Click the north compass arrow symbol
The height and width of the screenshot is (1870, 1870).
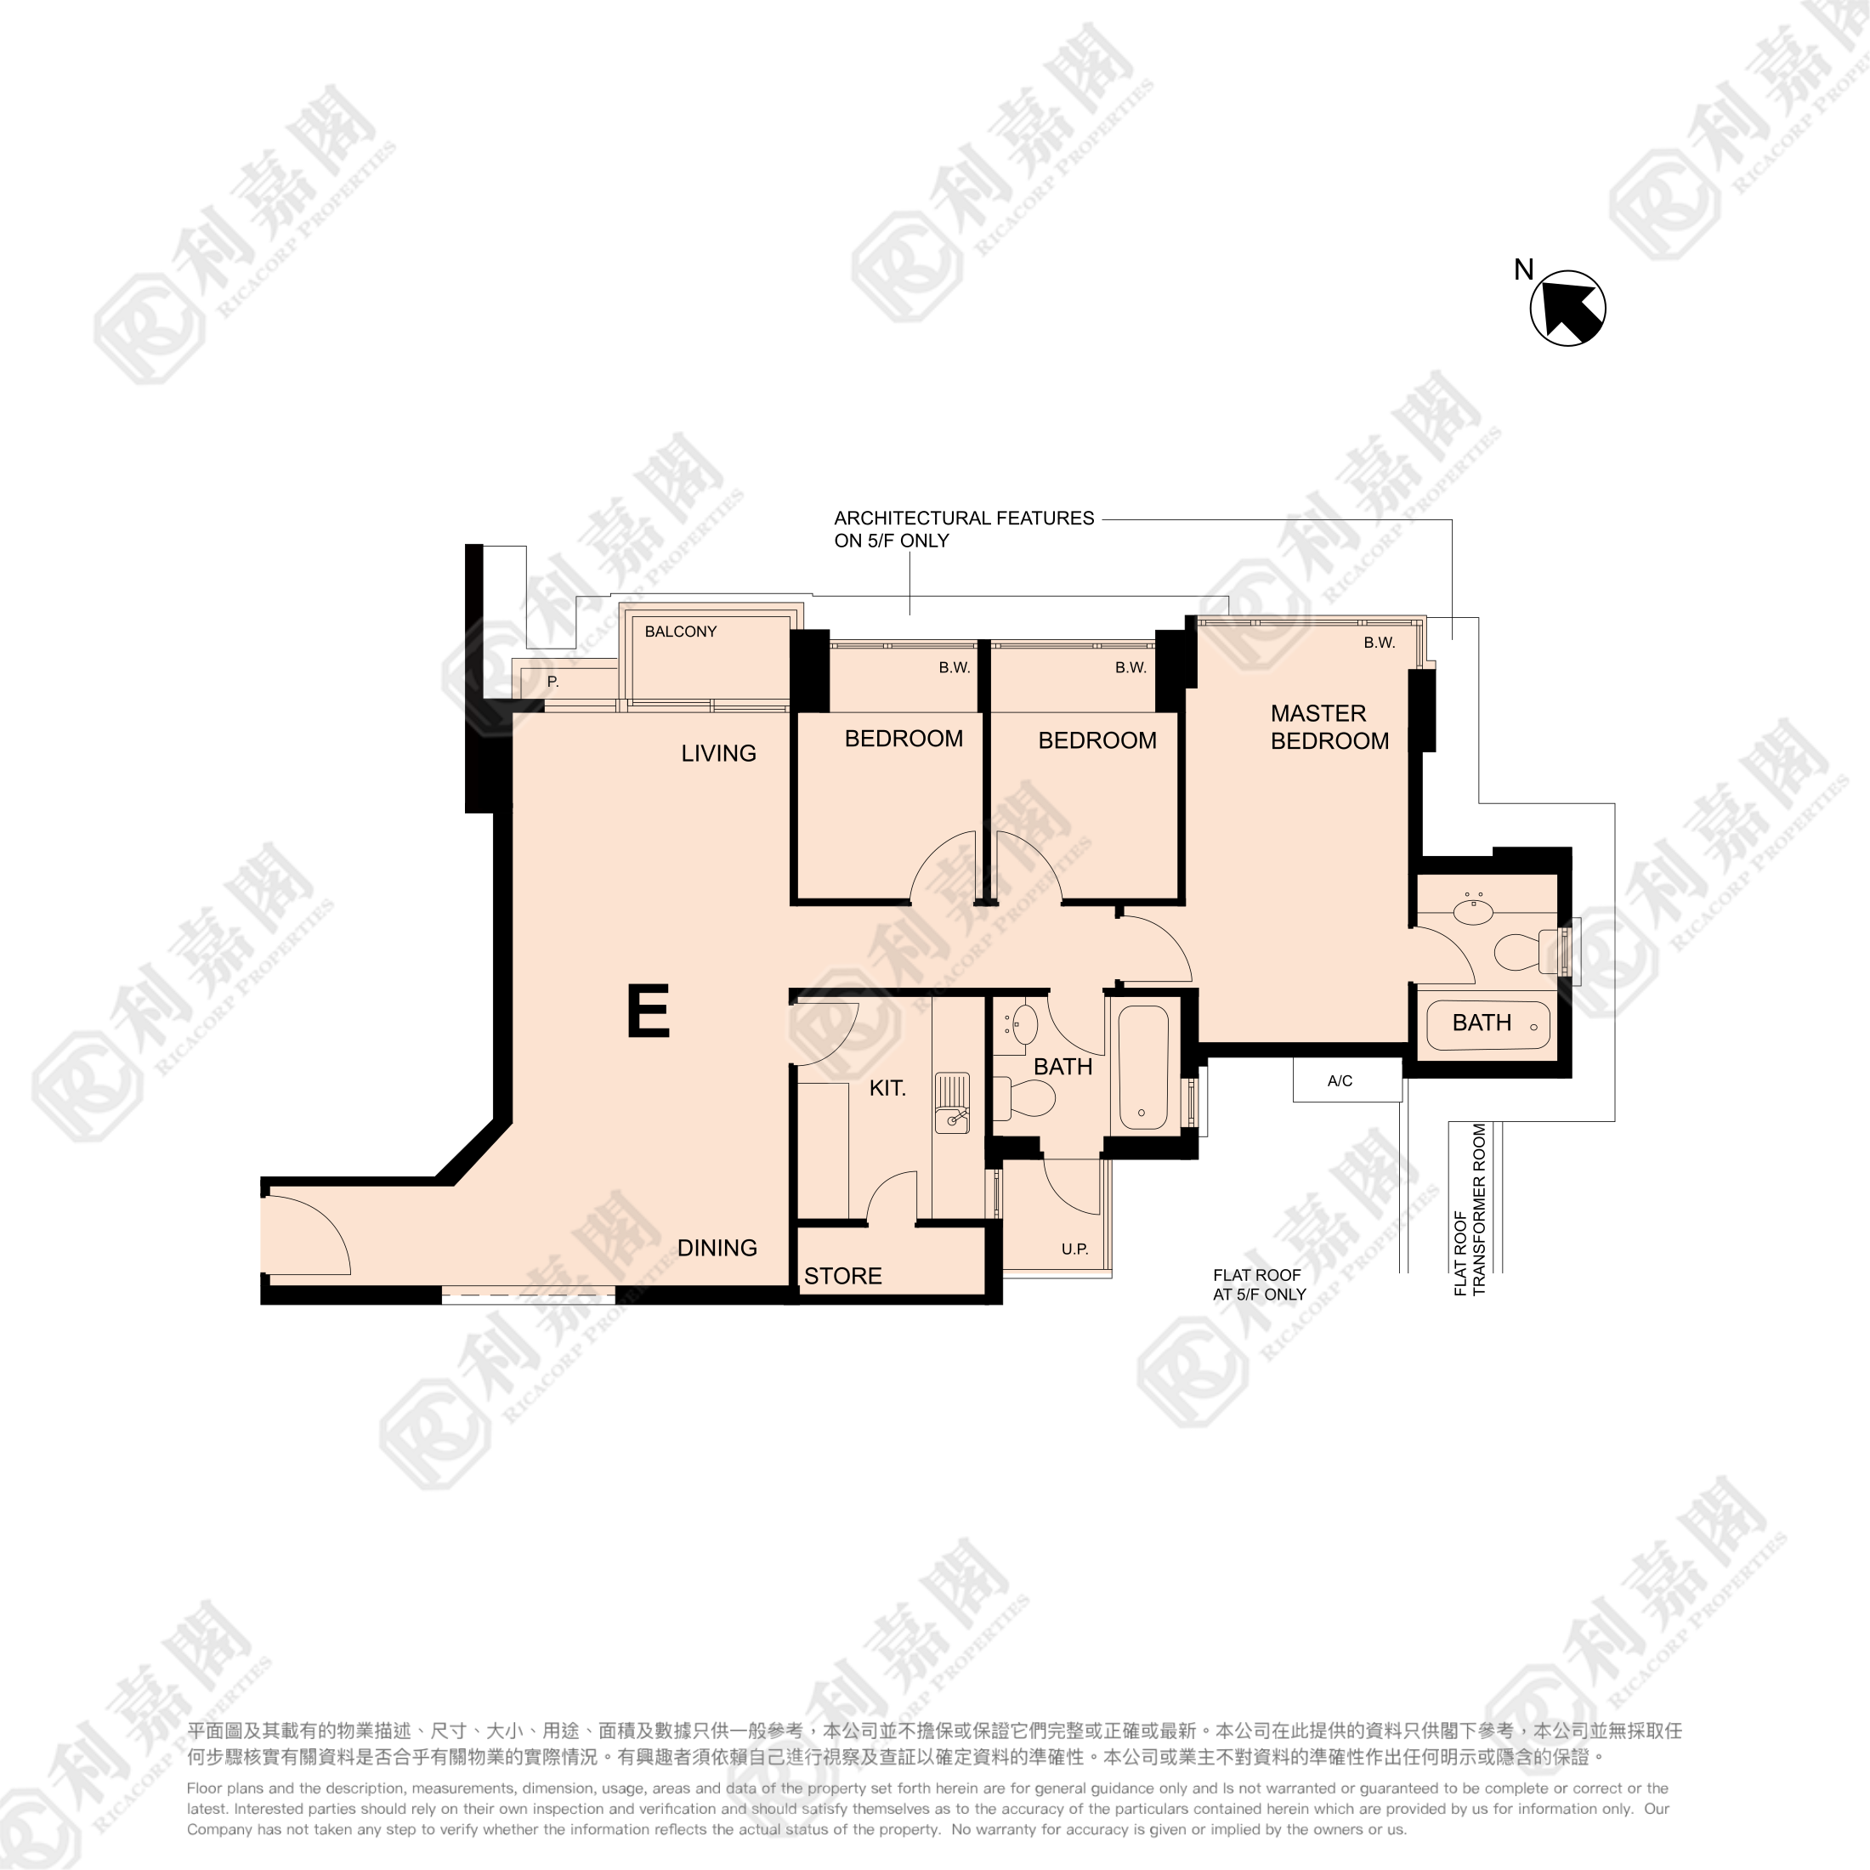pos(1567,308)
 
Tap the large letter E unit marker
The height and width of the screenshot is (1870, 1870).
pos(649,1011)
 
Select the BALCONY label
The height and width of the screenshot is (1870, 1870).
pos(681,631)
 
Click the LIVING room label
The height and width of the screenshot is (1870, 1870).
pos(718,753)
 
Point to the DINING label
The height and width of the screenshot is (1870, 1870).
pos(717,1248)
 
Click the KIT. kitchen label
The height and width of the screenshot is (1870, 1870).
pos(887,1088)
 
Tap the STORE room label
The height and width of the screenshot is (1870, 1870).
pos(843,1276)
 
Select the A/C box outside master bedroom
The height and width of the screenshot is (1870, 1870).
pos(1347,1080)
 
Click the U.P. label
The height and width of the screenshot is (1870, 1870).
pos(1074,1249)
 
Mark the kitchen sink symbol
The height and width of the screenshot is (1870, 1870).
pos(952,1102)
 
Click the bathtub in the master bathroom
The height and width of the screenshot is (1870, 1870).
pos(1488,1024)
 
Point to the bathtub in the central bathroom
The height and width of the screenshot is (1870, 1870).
pos(1143,1067)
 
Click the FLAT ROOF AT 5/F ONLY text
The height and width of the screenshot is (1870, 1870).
pos(1259,1284)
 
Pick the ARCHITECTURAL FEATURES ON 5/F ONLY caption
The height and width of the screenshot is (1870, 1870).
pos(964,530)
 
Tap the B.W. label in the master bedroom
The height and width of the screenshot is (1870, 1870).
pos(1380,643)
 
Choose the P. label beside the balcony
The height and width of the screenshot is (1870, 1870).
pos(552,682)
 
